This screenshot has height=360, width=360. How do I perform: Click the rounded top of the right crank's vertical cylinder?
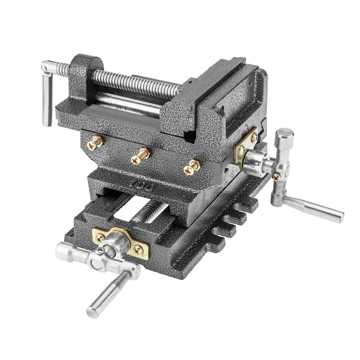point(284,134)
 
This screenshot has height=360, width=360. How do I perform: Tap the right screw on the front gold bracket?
point(140,248)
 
